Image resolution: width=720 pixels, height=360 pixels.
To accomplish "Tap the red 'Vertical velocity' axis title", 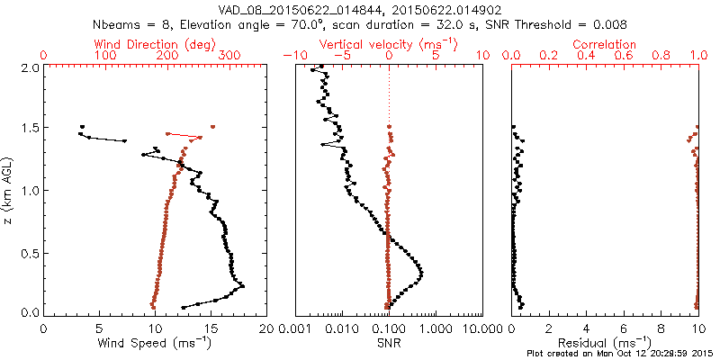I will click(388, 44).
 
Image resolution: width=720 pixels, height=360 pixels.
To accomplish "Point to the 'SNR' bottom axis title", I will click(388, 344).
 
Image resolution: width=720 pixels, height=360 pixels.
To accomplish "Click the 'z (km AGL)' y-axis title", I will click(9, 190).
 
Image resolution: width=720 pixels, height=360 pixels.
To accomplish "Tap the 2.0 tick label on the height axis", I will click(28, 67).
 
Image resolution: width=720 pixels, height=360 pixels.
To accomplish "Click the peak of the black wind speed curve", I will click(242, 285).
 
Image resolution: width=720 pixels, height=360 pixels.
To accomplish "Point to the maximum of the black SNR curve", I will click(421, 273).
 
